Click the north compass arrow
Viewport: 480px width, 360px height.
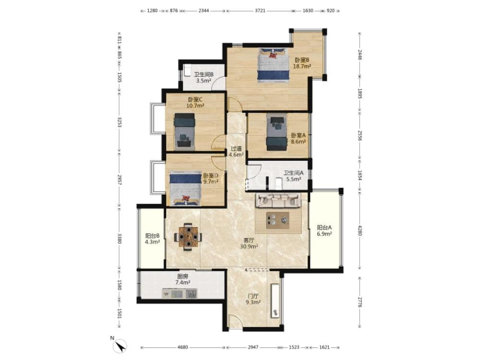[x=120, y=346]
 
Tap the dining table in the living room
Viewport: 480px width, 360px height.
[x=188, y=237]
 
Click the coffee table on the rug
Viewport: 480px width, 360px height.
[x=277, y=220]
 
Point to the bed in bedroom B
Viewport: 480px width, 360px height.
[x=274, y=65]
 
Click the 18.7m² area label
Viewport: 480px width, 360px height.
[x=302, y=66]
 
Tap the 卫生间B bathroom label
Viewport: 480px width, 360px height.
[x=204, y=74]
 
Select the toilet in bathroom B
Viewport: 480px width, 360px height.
[x=187, y=71]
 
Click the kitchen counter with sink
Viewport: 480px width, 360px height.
[x=180, y=293]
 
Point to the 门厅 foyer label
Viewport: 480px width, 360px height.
[x=253, y=296]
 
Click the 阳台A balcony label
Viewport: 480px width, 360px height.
[x=324, y=228]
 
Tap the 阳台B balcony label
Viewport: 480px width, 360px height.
[x=153, y=236]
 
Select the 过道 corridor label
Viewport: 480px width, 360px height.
[x=236, y=148]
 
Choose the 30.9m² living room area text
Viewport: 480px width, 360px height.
[x=249, y=246]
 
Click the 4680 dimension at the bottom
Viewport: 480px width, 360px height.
[x=183, y=347]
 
